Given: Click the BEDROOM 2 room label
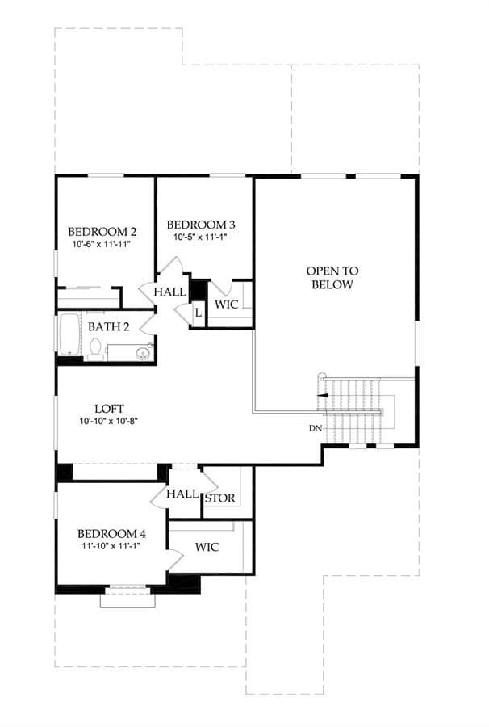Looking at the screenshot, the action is [102, 231].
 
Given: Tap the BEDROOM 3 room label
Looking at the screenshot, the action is [200, 225].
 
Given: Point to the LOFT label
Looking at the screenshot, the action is [109, 409].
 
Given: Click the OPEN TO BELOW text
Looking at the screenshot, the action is [332, 277].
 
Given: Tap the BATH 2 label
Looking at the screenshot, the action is [108, 326].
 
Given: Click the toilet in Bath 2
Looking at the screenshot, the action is [95, 350].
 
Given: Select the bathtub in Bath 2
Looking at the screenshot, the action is [69, 335].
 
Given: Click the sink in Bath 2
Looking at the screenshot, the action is [143, 353].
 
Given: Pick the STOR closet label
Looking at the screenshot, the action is [220, 498].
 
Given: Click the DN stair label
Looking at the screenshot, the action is [316, 428].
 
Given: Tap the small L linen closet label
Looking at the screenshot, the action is [199, 313].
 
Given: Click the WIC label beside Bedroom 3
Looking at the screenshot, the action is [227, 305].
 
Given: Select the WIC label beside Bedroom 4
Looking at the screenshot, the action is [207, 547].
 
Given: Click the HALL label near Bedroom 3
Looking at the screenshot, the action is [170, 292].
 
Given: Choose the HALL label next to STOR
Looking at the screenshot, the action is [182, 494].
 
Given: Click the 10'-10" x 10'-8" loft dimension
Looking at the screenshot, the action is [109, 421].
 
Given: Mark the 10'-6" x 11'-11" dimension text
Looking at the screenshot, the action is [102, 243].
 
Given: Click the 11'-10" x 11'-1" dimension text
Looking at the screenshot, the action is [111, 546].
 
